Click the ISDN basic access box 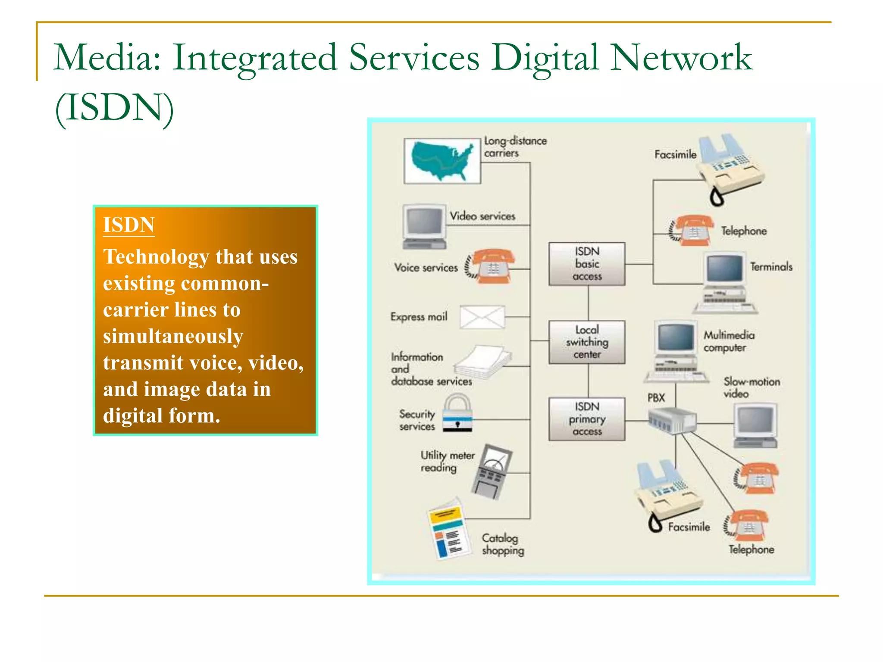click(x=586, y=264)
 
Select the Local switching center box click(x=586, y=342)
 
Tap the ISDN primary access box click(x=586, y=419)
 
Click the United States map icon click(x=442, y=161)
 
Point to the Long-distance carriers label click(x=514, y=147)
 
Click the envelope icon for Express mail click(x=482, y=317)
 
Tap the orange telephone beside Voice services click(x=491, y=266)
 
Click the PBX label click(x=656, y=398)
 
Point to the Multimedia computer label click(x=729, y=341)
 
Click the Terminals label click(x=771, y=267)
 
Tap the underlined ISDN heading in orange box click(x=128, y=225)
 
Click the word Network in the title click(x=681, y=58)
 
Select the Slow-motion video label click(x=751, y=387)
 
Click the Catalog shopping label click(x=503, y=544)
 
